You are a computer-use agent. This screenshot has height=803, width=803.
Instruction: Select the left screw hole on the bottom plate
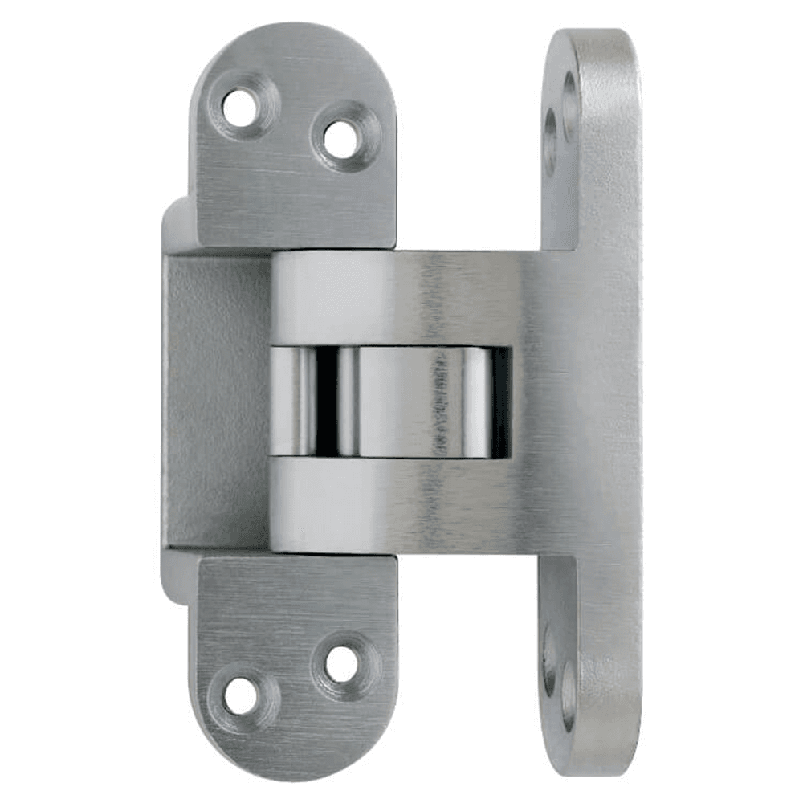(x=240, y=695)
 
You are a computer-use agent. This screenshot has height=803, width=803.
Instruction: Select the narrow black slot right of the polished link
(x=500, y=401)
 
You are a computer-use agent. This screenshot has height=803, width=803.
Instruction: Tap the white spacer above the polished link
(x=333, y=299)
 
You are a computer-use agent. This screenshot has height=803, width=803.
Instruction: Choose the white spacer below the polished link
(x=333, y=504)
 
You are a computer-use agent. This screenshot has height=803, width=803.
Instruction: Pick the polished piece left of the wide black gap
(x=292, y=401)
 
